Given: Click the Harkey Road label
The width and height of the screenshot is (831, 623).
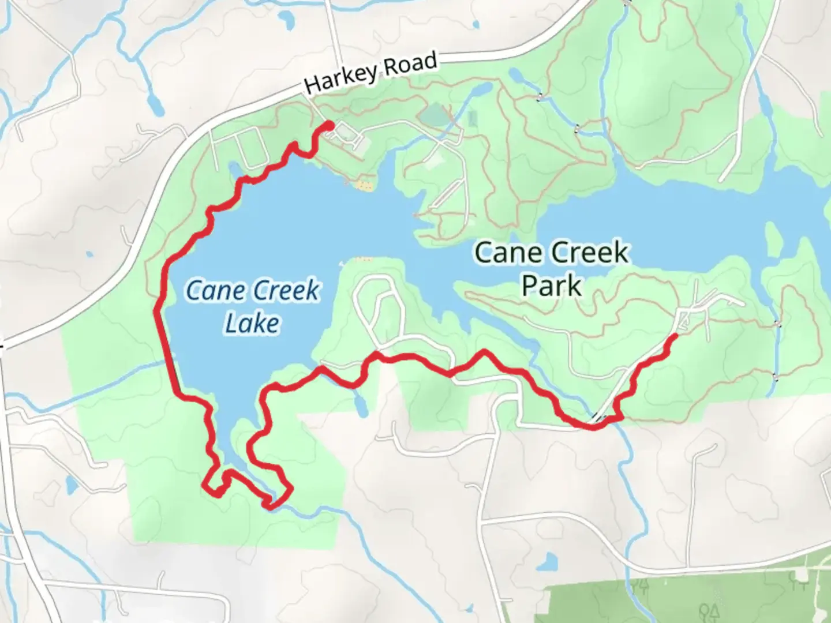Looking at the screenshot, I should point(370,73).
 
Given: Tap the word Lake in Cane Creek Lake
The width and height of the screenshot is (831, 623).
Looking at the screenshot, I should point(252,324).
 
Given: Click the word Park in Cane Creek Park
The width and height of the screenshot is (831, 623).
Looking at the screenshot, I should point(551,286).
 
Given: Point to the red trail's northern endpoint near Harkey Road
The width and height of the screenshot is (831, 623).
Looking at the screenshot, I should point(330,125).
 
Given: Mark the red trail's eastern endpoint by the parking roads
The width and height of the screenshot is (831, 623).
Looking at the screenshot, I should point(674,335).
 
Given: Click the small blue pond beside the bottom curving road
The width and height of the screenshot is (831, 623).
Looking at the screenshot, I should point(550,560).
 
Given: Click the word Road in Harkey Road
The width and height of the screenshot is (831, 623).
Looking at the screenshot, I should point(410,64).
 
